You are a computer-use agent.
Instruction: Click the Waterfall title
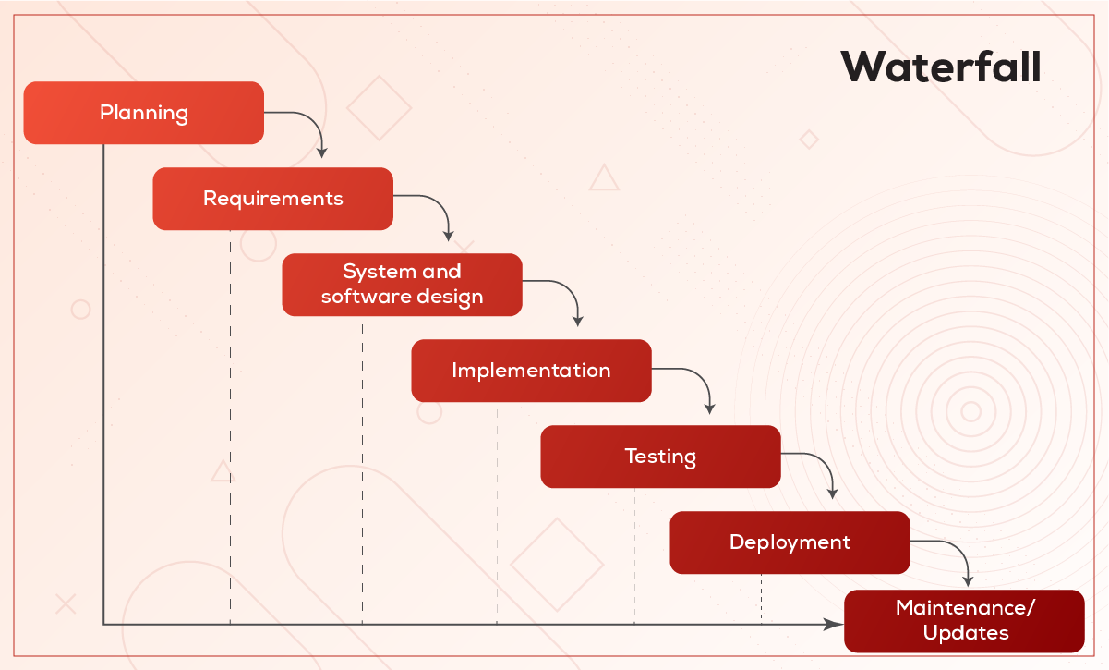940,67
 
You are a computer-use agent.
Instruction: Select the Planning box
143,113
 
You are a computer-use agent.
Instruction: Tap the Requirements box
272,199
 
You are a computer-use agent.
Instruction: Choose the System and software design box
402,285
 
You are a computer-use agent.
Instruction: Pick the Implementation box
531,371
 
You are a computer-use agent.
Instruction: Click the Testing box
660,457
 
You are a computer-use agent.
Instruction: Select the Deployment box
790,542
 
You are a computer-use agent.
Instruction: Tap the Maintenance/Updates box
964,621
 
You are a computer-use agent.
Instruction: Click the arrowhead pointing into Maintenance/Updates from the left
833,625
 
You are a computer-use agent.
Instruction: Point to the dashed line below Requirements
230,427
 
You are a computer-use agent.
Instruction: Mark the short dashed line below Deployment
762,599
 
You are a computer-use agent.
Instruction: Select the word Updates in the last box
966,633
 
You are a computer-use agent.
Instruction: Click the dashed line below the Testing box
634,556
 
